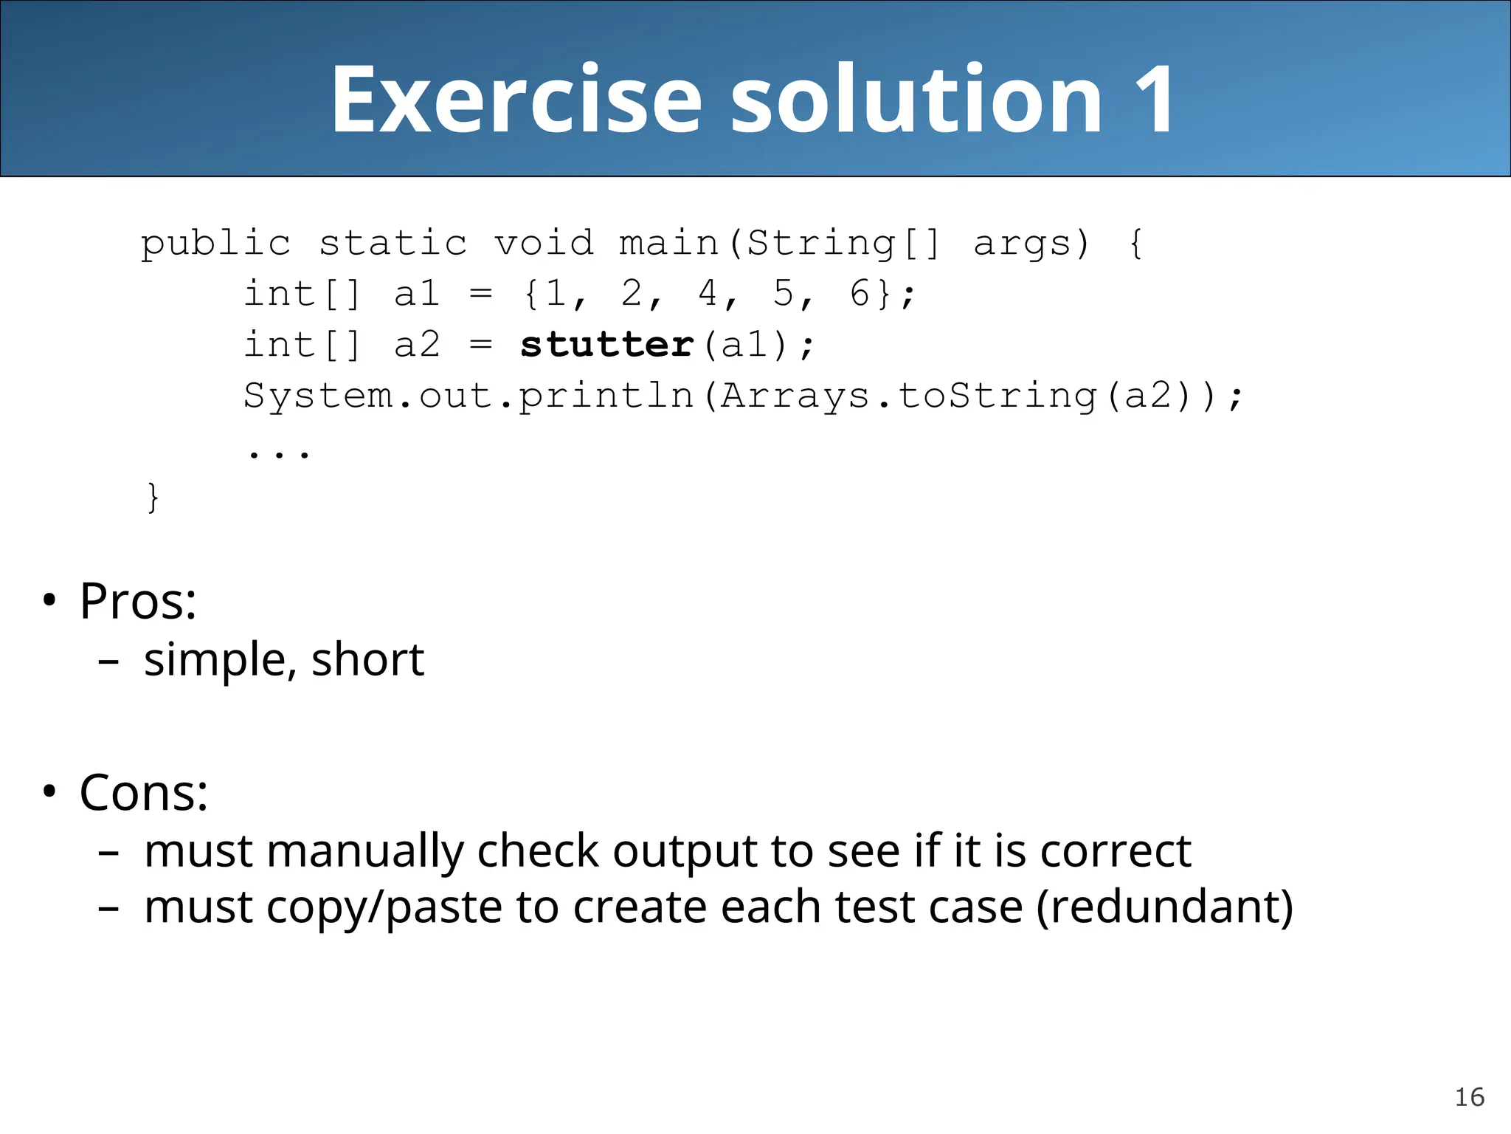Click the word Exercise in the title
pyautogui.click(x=516, y=100)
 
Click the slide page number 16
pyautogui.click(x=1469, y=1097)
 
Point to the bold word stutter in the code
pyautogui.click(x=606, y=345)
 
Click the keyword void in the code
pyautogui.click(x=544, y=243)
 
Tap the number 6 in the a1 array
pyautogui.click(x=860, y=293)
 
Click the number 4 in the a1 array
pyautogui.click(x=708, y=293)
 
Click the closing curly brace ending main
pyautogui.click(x=153, y=497)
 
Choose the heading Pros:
pyautogui.click(x=138, y=601)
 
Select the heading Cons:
pyautogui.click(x=144, y=793)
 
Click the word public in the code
pyautogui.click(x=215, y=244)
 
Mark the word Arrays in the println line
pyautogui.click(x=795, y=396)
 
